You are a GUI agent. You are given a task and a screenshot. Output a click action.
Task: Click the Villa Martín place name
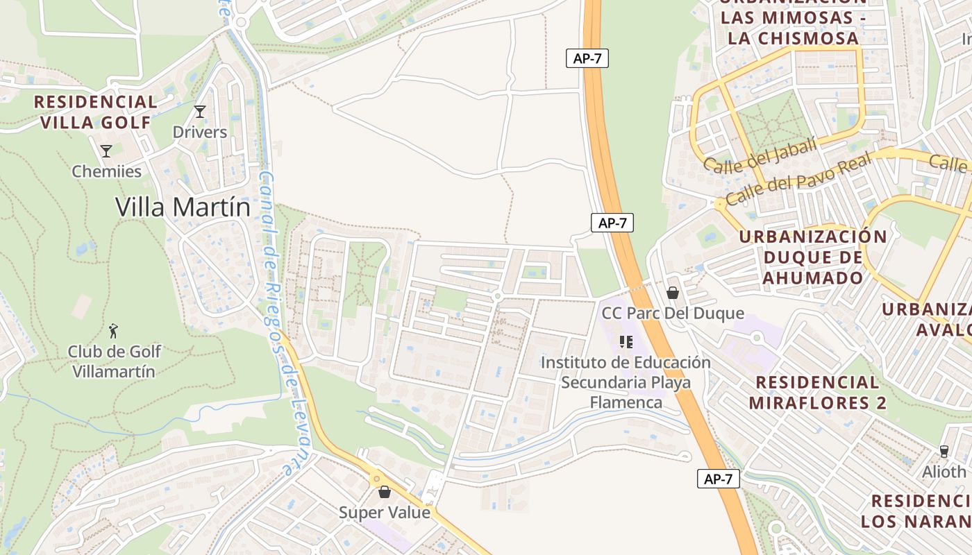tap(183, 207)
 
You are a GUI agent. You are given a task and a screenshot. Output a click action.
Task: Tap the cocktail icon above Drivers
tap(200, 112)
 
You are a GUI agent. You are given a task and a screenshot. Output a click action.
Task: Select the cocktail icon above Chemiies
tap(106, 151)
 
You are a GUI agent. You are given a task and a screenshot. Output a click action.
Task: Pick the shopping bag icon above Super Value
tap(385, 492)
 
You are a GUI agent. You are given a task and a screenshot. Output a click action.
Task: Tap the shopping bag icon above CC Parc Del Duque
tap(672, 293)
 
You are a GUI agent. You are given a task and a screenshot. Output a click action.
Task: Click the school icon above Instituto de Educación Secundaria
tap(626, 342)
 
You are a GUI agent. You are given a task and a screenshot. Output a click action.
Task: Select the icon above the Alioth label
tap(944, 452)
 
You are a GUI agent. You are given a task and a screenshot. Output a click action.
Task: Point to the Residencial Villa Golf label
tap(96, 112)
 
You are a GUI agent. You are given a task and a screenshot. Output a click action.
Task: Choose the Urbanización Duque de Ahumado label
tap(813, 257)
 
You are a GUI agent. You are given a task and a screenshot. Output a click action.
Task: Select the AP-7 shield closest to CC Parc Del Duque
tap(612, 223)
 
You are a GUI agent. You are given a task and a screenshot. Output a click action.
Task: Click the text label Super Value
tap(385, 513)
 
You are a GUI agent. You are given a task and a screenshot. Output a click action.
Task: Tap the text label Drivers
tap(200, 132)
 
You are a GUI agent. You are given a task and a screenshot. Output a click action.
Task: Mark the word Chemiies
tap(106, 171)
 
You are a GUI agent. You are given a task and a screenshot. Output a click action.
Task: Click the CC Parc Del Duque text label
tap(672, 314)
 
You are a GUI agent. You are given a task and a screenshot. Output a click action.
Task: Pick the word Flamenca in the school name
tap(626, 402)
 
